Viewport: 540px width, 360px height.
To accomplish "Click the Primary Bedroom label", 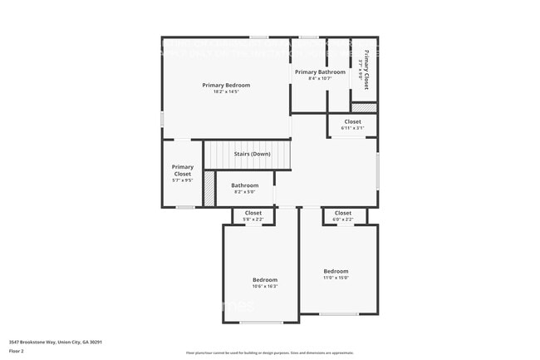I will (x=226, y=85).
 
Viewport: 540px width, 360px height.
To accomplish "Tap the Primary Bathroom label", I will (x=320, y=72).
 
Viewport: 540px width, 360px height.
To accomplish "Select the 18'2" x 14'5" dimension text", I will (x=226, y=91).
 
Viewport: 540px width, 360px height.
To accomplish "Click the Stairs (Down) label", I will (x=251, y=154).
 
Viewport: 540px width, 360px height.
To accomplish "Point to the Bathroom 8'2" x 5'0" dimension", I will (x=244, y=192).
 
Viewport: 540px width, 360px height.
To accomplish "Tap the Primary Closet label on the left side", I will (x=183, y=170).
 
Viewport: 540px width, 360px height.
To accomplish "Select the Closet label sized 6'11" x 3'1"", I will (x=352, y=121).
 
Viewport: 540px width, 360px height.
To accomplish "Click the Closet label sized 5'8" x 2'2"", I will (x=253, y=213).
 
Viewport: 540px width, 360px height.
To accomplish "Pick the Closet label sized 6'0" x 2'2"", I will (x=343, y=213).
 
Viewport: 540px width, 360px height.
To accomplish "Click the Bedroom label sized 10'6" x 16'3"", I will (x=265, y=279).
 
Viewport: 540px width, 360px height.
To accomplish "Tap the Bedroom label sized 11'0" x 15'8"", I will (x=336, y=271).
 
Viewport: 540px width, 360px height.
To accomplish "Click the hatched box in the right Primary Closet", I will (x=364, y=107).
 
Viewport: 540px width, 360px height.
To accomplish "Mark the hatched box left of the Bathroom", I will (x=209, y=189).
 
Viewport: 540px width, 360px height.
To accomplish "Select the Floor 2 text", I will (x=17, y=350).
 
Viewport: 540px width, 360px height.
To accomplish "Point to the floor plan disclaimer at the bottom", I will (x=270, y=353).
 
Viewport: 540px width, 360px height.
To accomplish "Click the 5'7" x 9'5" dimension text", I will (x=183, y=180).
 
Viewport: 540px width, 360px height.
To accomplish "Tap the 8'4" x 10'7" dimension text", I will (x=320, y=79).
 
